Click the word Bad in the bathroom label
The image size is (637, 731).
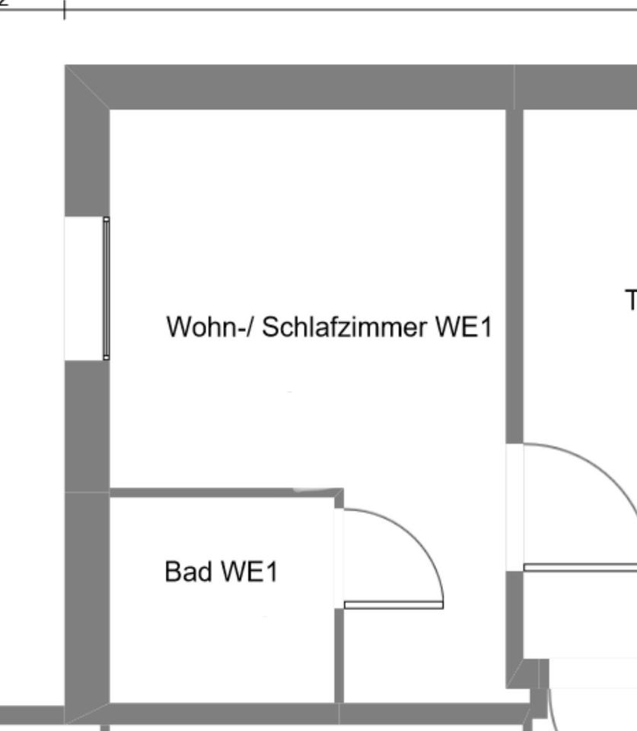point(188,571)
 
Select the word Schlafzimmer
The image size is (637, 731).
point(346,327)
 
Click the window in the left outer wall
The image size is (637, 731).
point(106,288)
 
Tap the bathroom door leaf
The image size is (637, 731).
point(393,605)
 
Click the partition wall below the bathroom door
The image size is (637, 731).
point(339,655)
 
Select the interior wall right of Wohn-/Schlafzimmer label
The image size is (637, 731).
point(514,274)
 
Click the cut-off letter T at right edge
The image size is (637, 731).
point(631,300)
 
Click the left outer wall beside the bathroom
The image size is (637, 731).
point(87,602)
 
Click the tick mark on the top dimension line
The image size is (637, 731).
point(64,10)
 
